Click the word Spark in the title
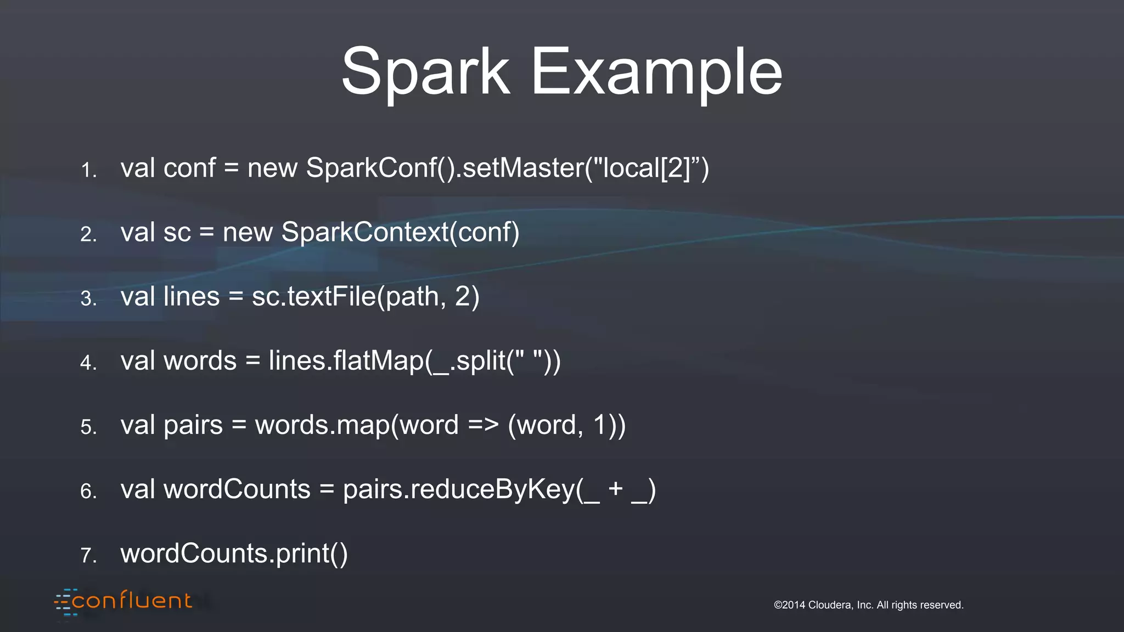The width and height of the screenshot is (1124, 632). tap(425, 72)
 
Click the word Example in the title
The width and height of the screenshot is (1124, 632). tap(656, 72)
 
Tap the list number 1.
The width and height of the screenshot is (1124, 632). tap(88, 170)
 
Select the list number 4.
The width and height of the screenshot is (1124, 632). tap(88, 363)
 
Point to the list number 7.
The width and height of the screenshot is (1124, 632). tap(88, 555)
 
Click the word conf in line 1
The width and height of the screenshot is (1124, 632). tap(189, 168)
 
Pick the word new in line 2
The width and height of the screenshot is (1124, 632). tap(248, 232)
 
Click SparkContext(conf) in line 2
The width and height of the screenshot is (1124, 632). tap(400, 232)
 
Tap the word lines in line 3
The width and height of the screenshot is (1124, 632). tap(192, 296)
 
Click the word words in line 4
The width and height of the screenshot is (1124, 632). tap(200, 361)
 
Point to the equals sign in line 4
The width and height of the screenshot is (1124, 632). tap(252, 362)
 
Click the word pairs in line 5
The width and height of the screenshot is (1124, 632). tap(193, 425)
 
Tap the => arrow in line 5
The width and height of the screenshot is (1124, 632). tap(484, 425)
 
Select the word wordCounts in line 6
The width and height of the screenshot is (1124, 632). tap(237, 489)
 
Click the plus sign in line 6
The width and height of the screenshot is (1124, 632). tap(615, 489)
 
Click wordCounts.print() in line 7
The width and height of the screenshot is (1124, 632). tap(234, 554)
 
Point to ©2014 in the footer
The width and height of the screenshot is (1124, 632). tap(789, 605)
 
